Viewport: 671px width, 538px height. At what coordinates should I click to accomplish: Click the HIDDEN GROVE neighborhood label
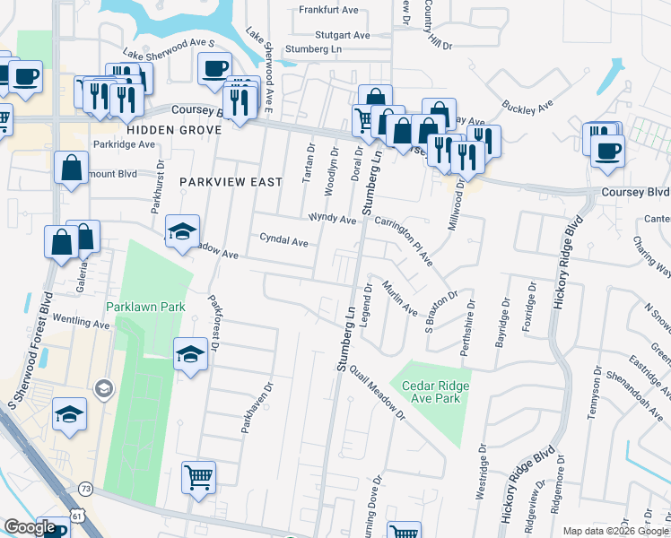coord(174,130)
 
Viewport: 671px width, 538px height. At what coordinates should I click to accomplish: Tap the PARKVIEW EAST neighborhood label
coord(231,182)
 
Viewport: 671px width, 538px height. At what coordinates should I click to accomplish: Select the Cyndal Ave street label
coord(283,241)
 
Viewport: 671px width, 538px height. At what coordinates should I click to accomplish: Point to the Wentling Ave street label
coord(81,322)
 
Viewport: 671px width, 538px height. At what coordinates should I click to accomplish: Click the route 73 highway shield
coord(85,488)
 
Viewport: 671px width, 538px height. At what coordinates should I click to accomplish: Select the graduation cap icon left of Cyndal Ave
coord(181,230)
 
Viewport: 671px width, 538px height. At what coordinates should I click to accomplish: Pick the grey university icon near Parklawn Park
coord(104,388)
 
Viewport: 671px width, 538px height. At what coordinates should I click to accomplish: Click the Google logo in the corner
coord(30,528)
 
